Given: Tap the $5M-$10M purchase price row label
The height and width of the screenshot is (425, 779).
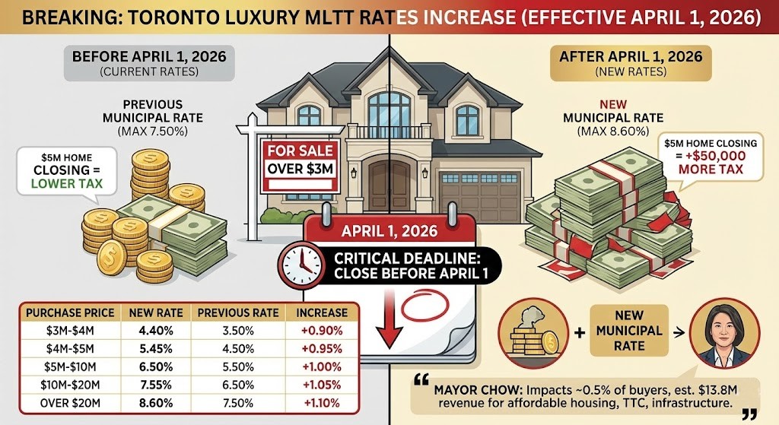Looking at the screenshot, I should point(70,367).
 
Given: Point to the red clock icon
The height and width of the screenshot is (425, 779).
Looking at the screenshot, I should point(301,261).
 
